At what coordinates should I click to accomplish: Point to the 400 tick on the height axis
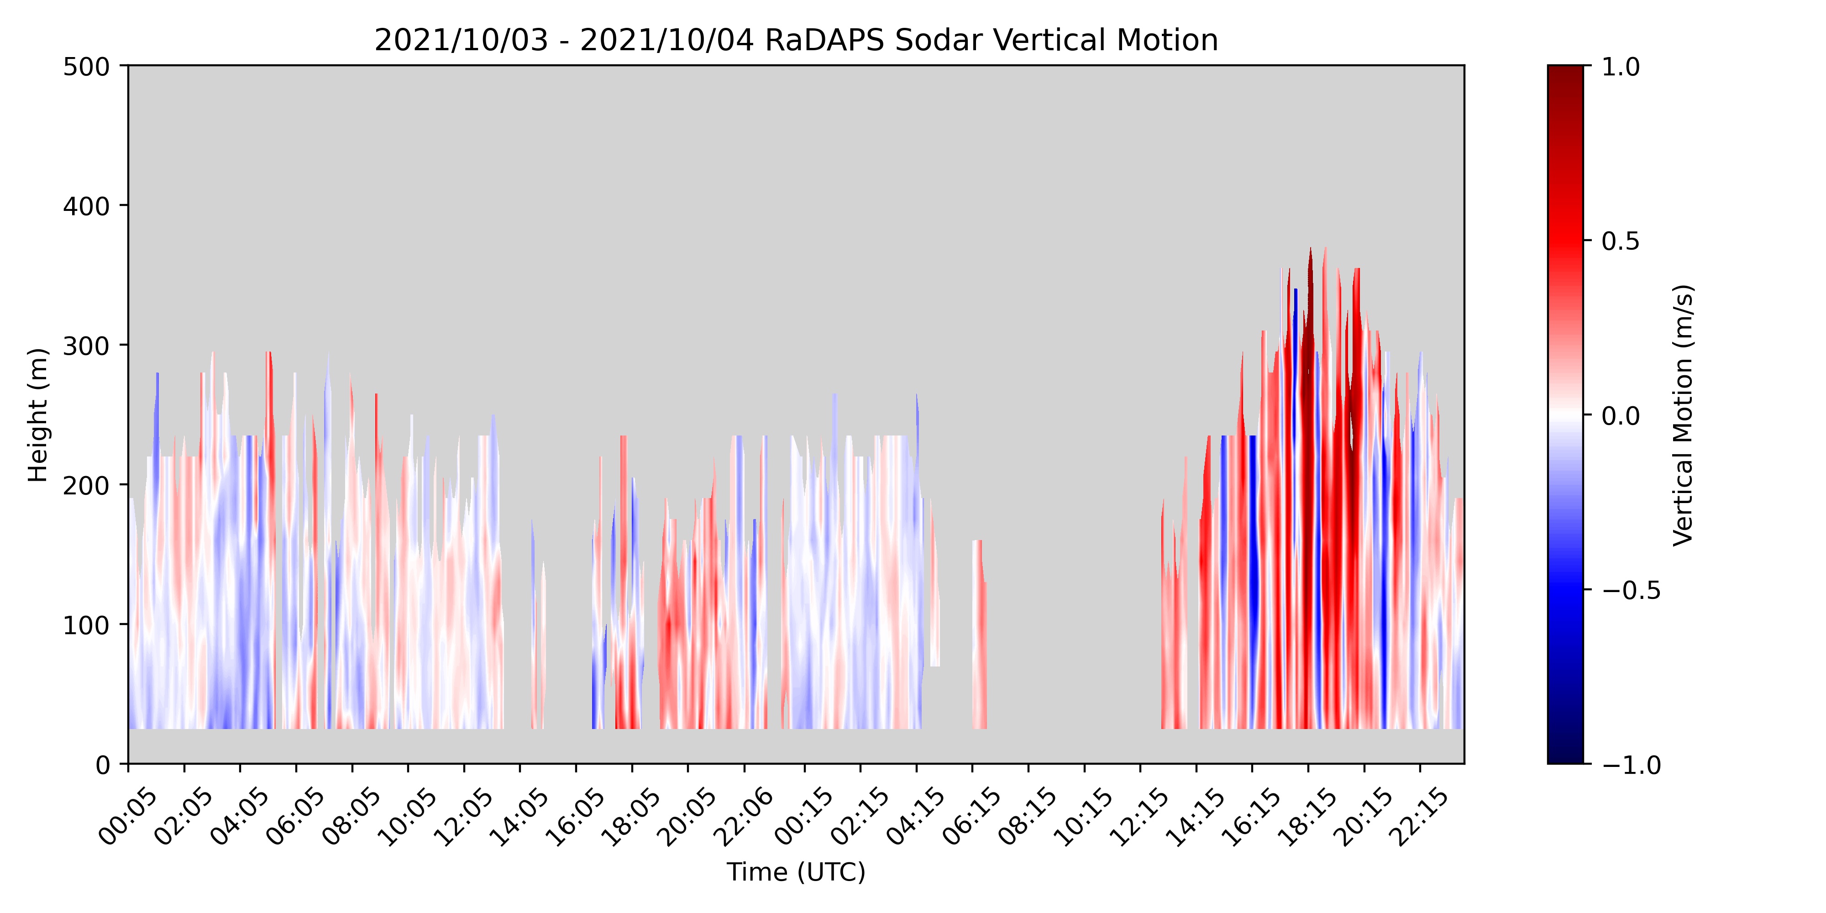pyautogui.click(x=86, y=206)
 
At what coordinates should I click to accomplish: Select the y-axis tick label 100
pyautogui.click(x=86, y=625)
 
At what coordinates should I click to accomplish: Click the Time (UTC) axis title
pyautogui.click(x=796, y=872)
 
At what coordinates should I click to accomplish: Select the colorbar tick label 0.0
pyautogui.click(x=1621, y=415)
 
